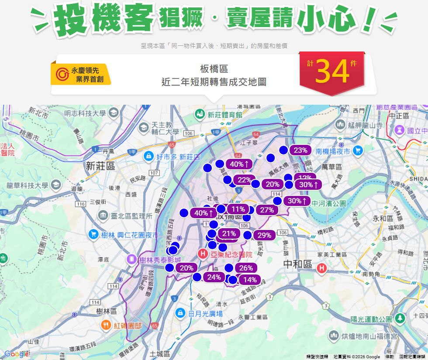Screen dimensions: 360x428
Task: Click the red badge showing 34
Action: [x=332, y=72]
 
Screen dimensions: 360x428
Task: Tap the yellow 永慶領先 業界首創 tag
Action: [x=81, y=75]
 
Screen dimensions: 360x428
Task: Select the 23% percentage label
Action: [x=300, y=150]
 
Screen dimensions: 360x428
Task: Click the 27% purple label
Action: [x=266, y=210]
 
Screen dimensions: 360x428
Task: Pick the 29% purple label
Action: [x=264, y=235]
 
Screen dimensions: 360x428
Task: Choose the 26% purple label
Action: [x=246, y=268]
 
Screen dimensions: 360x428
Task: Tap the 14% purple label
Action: [x=250, y=280]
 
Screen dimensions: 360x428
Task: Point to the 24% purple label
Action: [x=214, y=277]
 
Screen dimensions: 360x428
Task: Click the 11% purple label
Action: [x=238, y=209]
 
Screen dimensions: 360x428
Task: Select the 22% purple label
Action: [x=245, y=180]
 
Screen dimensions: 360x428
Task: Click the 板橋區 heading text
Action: [x=214, y=69]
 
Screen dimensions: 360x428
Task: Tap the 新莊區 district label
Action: [x=100, y=166]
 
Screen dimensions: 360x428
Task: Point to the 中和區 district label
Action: [x=297, y=264]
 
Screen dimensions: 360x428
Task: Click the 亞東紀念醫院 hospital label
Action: [x=231, y=254]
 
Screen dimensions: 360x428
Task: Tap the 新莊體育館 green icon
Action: [x=200, y=114]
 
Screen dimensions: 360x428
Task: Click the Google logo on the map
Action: [x=16, y=354]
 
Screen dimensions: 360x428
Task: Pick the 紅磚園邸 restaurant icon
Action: [x=106, y=325]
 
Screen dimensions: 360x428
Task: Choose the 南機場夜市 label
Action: [x=333, y=151]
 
